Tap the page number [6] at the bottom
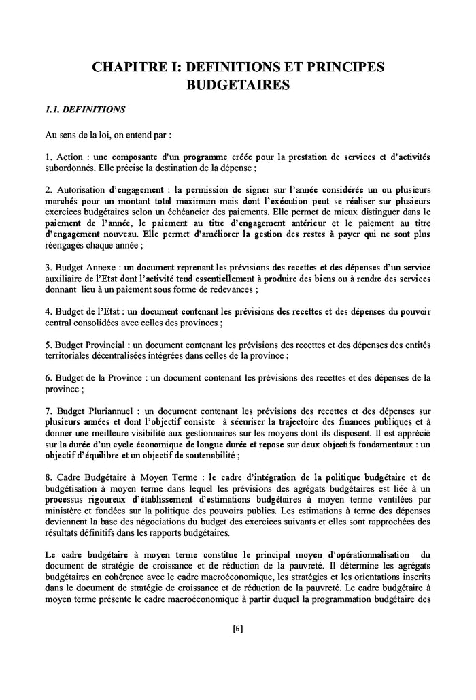(x=237, y=629)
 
